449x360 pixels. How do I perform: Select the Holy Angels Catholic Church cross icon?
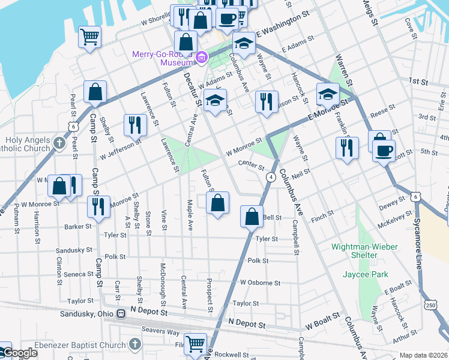tap(58, 143)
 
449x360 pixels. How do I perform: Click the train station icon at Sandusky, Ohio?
tap(121, 314)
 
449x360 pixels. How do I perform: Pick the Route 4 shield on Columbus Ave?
tap(271, 177)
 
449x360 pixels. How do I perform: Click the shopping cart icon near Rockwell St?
tap(195, 344)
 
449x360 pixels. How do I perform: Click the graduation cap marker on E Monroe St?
tap(328, 94)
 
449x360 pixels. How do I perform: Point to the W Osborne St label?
tap(260, 283)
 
